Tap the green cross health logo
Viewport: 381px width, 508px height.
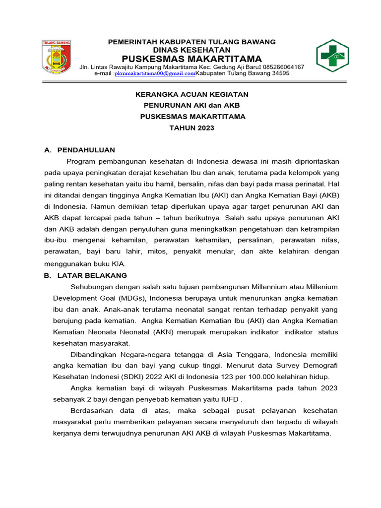(x=332, y=56)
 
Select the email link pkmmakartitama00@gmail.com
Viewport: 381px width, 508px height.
(x=155, y=73)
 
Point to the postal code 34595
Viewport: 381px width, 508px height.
(x=279, y=73)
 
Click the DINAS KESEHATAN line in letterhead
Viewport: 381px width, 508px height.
(x=191, y=50)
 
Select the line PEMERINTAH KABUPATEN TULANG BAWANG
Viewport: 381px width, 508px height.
(x=191, y=42)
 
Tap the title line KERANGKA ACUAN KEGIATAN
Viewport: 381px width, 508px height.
(x=192, y=94)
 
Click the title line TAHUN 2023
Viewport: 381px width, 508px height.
(x=192, y=128)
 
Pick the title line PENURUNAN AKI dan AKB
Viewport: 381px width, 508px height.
(x=192, y=105)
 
